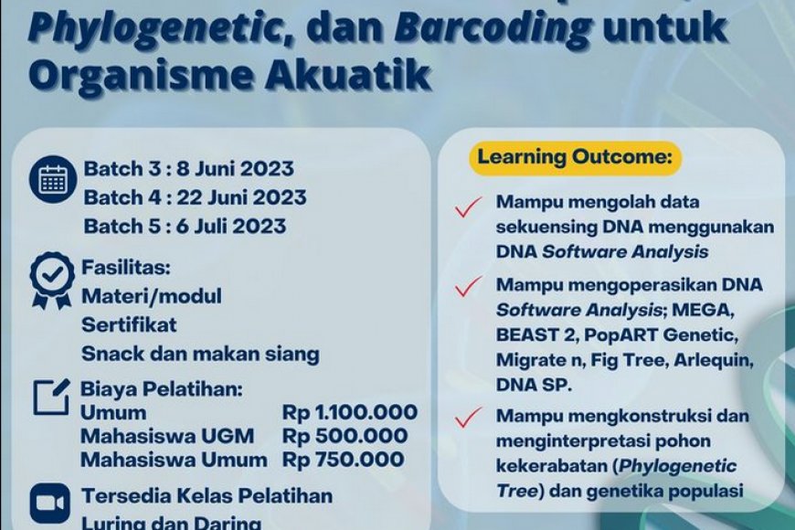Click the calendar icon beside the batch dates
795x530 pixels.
(x=53, y=180)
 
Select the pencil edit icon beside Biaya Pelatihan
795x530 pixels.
(x=51, y=395)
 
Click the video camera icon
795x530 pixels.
(x=50, y=503)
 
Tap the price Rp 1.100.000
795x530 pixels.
(x=350, y=413)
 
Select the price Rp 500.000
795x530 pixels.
(x=344, y=436)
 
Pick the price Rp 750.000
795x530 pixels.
(x=343, y=460)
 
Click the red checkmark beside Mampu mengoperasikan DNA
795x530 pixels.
(x=469, y=286)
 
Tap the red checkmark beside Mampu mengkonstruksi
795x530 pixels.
(x=469, y=418)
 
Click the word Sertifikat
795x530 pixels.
(x=130, y=324)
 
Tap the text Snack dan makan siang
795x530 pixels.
(x=200, y=354)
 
